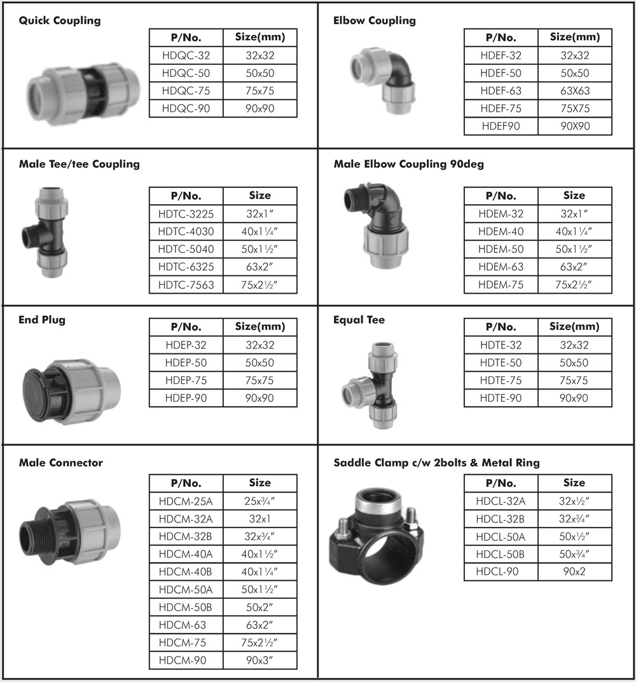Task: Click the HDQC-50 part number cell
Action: tap(186, 73)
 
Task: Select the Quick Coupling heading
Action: tap(60, 20)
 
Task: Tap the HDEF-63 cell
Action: tap(501, 91)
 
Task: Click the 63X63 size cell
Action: tap(575, 91)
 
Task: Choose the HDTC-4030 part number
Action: tap(186, 232)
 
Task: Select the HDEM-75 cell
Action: tap(501, 285)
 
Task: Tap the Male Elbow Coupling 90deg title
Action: tap(408, 164)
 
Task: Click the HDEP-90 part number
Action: tap(186, 398)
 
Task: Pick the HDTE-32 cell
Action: tap(501, 345)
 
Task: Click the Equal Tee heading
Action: tap(359, 320)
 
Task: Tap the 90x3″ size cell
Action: tap(260, 660)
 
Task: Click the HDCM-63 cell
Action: tap(186, 625)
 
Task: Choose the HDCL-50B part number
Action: tap(501, 554)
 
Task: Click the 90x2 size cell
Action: tap(575, 571)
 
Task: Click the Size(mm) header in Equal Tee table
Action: tap(575, 327)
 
